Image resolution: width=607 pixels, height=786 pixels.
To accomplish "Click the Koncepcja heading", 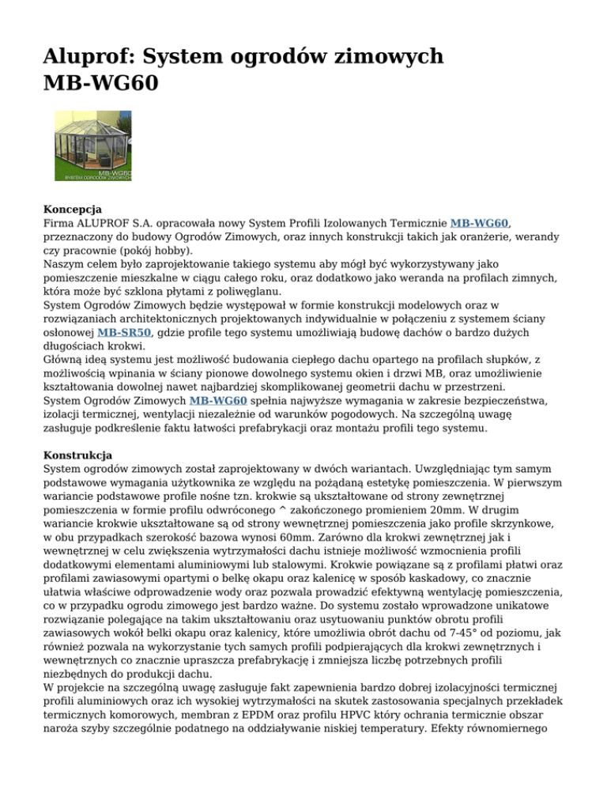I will [73, 210].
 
